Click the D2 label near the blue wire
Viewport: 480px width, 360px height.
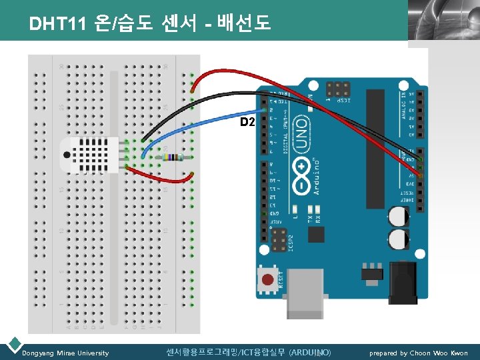coord(247,122)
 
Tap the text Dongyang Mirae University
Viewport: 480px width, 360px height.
coord(65,353)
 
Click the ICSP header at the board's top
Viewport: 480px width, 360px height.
coord(338,89)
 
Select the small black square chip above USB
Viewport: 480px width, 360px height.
coord(315,235)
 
